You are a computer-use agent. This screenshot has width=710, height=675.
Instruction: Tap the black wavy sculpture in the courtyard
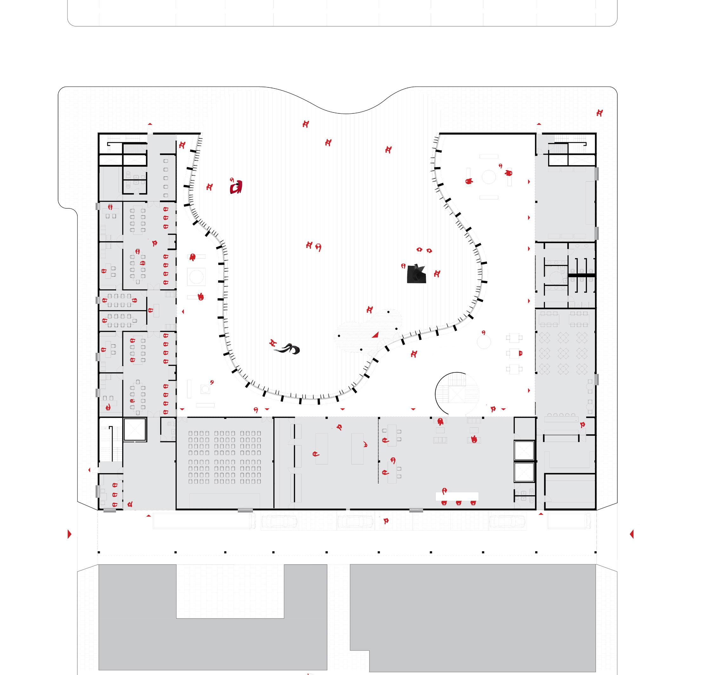click(288, 348)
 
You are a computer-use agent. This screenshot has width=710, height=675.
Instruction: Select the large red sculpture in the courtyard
click(236, 187)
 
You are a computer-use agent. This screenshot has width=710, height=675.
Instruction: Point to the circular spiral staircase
click(456, 393)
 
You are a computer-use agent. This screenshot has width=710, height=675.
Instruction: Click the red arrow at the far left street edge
click(70, 534)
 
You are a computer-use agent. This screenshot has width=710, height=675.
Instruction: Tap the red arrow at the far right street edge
click(632, 534)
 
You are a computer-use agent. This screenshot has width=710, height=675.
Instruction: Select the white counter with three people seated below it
click(457, 496)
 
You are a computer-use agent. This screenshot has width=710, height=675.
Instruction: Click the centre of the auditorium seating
click(225, 457)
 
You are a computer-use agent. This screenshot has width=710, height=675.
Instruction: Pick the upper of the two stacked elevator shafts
click(524, 451)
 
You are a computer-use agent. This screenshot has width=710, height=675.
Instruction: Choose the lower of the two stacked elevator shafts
click(524, 472)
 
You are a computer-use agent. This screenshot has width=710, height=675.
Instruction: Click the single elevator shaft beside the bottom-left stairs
click(135, 429)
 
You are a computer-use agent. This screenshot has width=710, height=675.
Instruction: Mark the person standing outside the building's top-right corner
click(599, 113)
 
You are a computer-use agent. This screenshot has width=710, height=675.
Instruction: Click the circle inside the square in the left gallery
click(196, 277)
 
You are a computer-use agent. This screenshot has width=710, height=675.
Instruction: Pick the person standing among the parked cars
click(386, 521)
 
